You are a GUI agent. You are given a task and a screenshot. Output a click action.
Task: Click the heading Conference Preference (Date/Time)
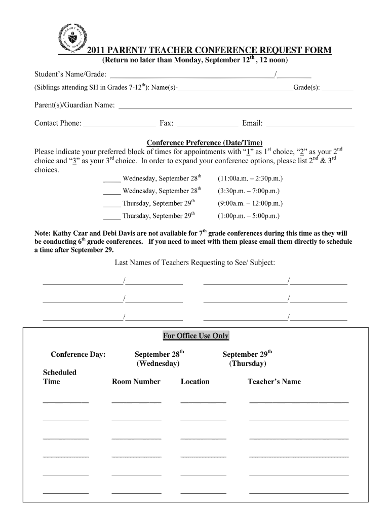click(x=205, y=142)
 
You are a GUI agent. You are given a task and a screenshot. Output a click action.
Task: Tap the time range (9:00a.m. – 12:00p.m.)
click(x=250, y=203)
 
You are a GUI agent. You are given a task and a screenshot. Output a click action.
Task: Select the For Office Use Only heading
click(x=196, y=336)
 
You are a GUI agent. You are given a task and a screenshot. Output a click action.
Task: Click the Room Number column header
click(x=136, y=382)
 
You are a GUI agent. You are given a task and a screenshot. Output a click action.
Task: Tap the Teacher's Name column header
click(x=274, y=382)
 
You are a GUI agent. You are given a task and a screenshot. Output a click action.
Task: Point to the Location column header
click(x=194, y=382)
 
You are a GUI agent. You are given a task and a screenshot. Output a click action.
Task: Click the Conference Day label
click(x=78, y=354)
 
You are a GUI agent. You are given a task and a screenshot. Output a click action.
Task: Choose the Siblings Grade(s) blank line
click(x=337, y=90)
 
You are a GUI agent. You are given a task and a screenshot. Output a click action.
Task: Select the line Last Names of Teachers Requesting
click(x=195, y=263)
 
